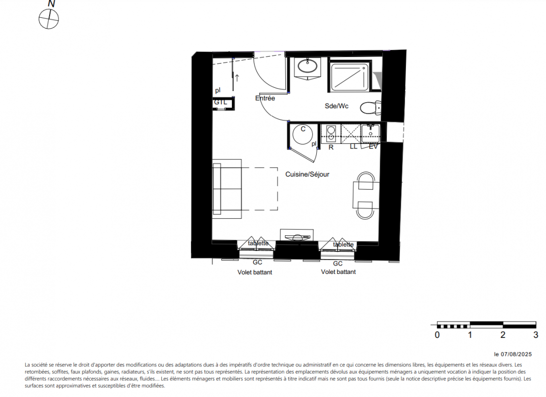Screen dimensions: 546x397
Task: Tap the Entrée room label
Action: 265,98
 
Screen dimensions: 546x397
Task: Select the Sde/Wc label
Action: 337,106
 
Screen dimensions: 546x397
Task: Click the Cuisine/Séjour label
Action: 307,174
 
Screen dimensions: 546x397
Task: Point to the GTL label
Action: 220,102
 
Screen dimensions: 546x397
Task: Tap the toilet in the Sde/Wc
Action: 370,108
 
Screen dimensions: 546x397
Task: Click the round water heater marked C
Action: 303,134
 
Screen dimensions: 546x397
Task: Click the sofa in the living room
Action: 227,189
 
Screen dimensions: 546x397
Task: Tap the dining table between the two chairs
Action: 366,195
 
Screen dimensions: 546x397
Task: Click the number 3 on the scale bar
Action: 536,335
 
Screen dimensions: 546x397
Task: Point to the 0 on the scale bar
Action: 437,335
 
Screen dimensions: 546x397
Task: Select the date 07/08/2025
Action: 516,354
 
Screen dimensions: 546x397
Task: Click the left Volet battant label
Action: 255,272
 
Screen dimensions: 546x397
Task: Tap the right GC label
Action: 338,264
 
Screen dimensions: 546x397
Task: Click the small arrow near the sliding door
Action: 237,78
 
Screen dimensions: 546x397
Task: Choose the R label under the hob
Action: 331,147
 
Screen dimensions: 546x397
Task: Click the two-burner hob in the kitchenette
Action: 331,133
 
